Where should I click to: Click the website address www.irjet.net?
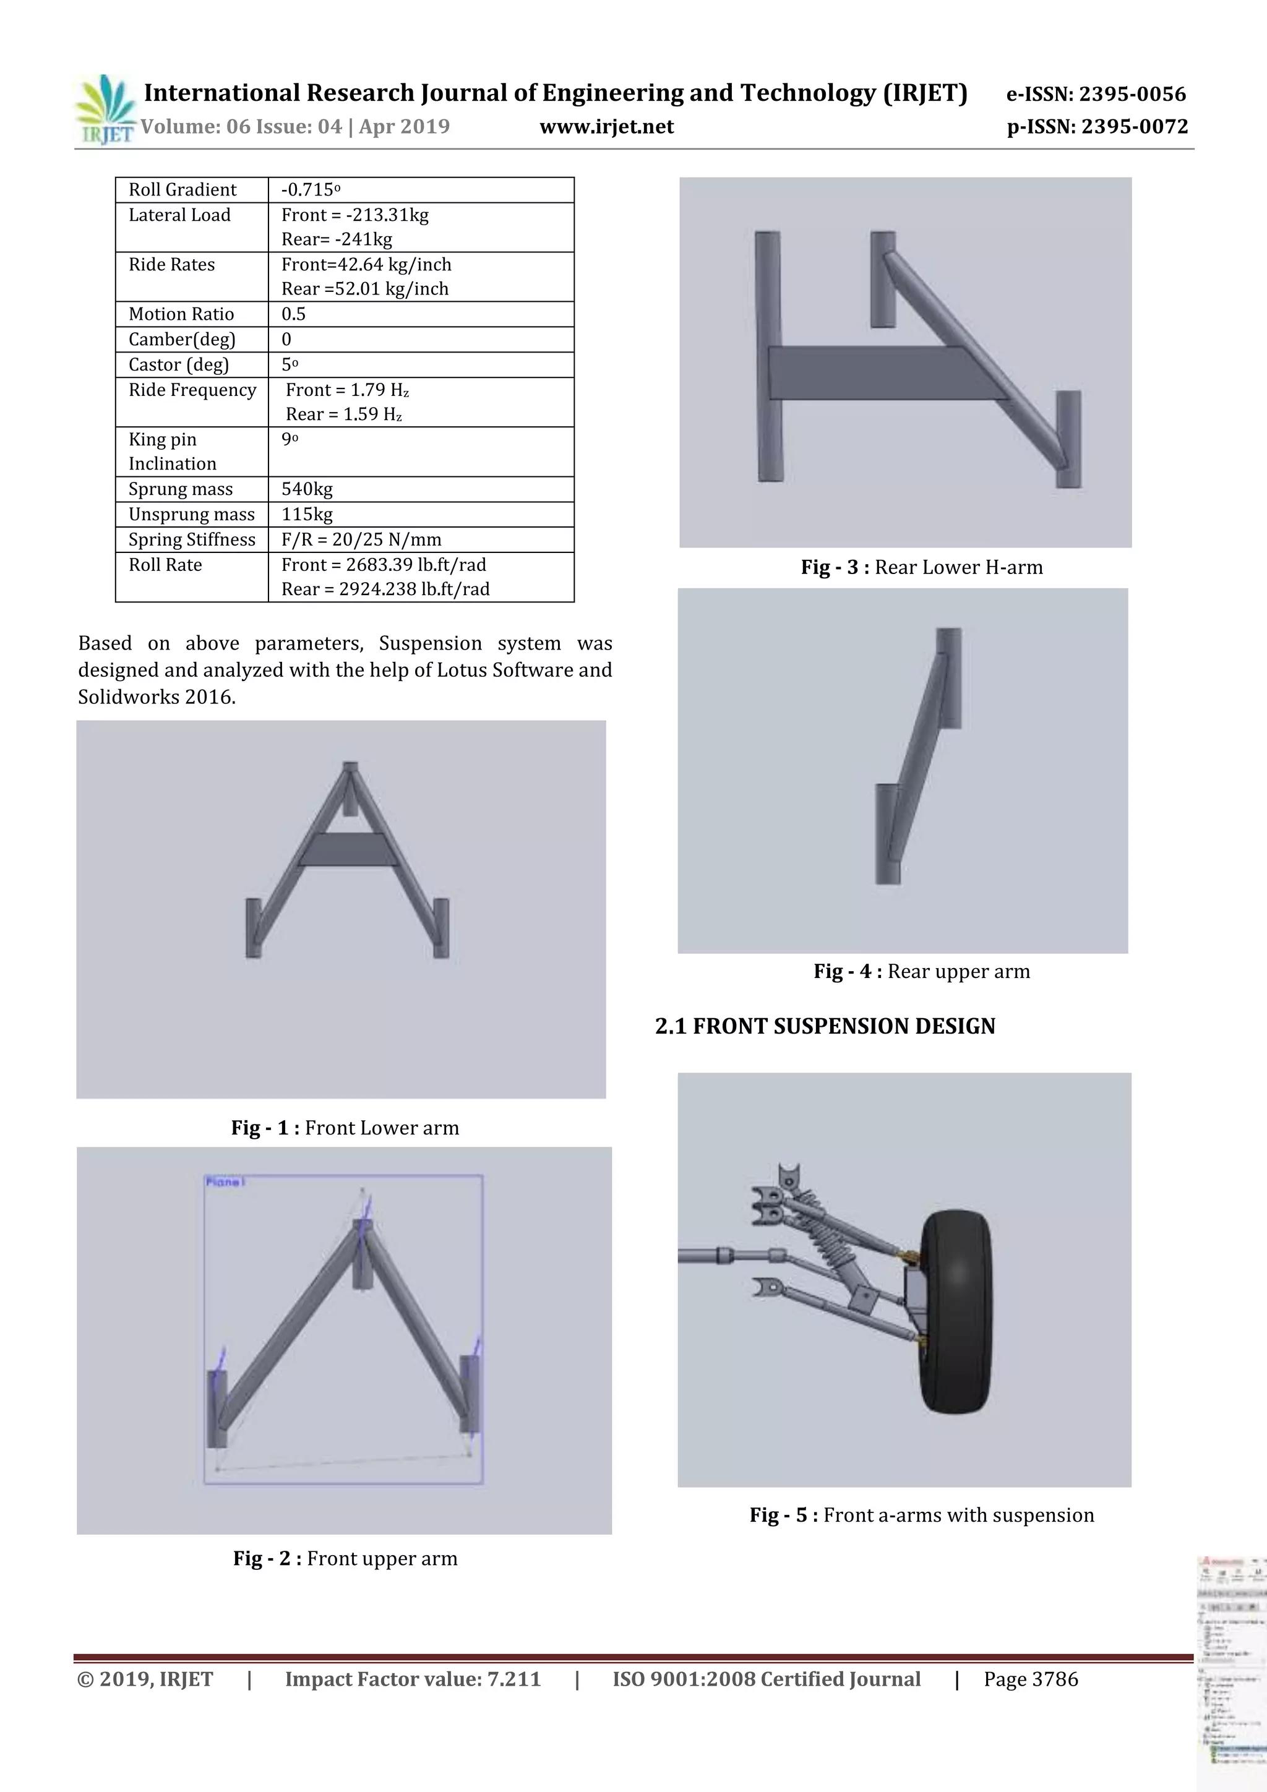click(606, 126)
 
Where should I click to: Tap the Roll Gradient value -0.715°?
click(311, 190)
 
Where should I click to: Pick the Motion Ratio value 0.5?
click(293, 314)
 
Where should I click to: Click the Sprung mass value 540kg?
click(307, 489)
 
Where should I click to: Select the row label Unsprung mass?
click(191, 514)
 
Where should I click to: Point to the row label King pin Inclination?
click(172, 451)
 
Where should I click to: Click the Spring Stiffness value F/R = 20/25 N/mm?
click(361, 539)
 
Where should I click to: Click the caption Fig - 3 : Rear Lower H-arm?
click(921, 567)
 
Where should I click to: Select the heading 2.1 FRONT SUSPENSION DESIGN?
click(825, 1026)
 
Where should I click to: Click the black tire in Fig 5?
click(956, 1311)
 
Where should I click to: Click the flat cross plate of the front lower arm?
click(348, 849)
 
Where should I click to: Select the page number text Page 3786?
click(1031, 1679)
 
